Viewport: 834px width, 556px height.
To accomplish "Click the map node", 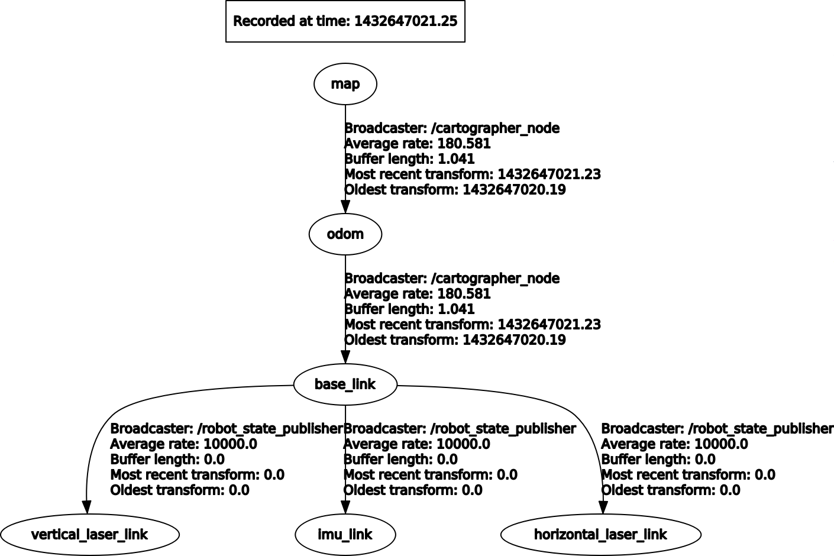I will click(x=345, y=84).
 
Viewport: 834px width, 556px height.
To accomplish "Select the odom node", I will click(x=345, y=234).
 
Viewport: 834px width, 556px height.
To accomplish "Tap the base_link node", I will click(x=345, y=384).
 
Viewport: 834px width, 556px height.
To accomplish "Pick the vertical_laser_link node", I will click(x=89, y=535).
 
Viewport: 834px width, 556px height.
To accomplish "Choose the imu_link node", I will click(x=345, y=535).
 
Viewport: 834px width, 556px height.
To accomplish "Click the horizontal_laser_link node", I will click(x=600, y=535).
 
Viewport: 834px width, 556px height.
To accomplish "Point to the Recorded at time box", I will click(x=345, y=21).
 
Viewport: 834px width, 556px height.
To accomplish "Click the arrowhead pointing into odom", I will click(x=345, y=207).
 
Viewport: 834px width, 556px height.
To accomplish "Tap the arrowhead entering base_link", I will click(x=345, y=357).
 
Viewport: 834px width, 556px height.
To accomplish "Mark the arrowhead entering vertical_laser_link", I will click(x=87, y=507).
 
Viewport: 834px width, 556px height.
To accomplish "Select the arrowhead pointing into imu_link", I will click(x=345, y=507).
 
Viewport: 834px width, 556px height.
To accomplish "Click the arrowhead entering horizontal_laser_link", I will click(x=603, y=507).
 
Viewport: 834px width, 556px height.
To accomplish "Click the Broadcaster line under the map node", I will click(x=452, y=128).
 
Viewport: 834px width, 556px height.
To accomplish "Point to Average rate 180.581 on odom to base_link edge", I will click(x=418, y=294).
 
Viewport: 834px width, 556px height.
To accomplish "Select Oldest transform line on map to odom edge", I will click(x=455, y=190).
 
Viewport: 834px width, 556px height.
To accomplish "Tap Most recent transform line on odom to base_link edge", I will click(x=473, y=325).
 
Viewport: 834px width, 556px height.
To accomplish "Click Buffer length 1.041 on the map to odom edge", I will click(x=409, y=159).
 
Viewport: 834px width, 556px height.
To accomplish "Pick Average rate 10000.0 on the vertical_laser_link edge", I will click(x=183, y=444).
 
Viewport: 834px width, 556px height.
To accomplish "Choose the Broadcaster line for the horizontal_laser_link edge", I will click(x=717, y=429).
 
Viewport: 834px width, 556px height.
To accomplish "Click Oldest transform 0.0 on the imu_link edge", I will click(x=413, y=490).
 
